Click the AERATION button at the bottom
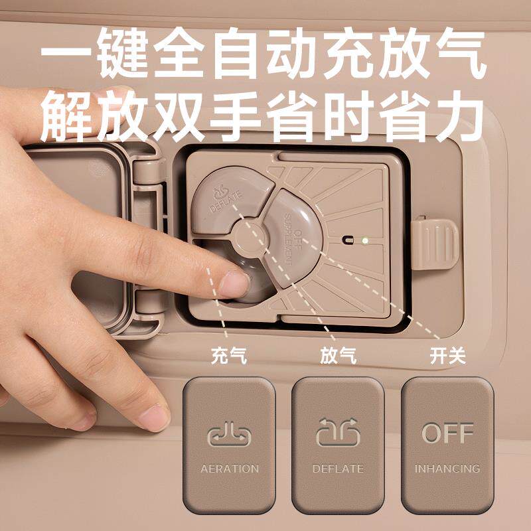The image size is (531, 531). point(229,445)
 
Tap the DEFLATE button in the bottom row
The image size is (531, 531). point(338,445)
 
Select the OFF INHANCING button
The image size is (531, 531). point(447,445)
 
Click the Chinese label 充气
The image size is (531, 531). point(229,356)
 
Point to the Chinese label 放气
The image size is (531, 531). point(339,356)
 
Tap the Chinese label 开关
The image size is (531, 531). point(447,356)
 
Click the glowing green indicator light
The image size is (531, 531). point(364,241)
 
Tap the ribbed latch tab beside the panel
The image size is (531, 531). point(435,244)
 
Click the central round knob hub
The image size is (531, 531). point(250,236)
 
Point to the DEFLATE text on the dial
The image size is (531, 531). point(226,202)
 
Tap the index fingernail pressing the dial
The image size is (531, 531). point(234,284)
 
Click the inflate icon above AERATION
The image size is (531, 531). point(229,433)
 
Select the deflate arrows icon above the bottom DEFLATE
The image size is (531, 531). point(338,432)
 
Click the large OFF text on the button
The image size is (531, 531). point(447,433)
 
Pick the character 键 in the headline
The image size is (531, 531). point(123,53)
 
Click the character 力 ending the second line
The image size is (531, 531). point(459,116)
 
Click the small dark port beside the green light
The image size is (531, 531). point(348,240)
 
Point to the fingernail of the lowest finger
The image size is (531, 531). point(154,417)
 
